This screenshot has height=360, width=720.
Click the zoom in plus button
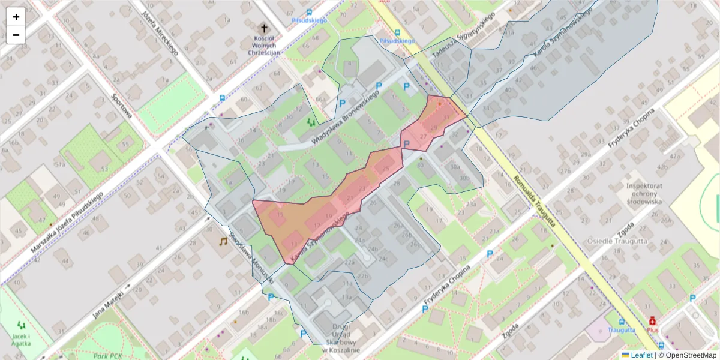click(x=16, y=17)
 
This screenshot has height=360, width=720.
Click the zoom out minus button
click(x=16, y=35)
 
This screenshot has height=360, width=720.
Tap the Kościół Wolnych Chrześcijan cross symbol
click(x=264, y=28)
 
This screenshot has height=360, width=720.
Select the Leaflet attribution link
click(x=641, y=355)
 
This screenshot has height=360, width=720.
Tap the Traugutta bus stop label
click(x=622, y=330)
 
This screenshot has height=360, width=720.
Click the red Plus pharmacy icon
click(x=652, y=322)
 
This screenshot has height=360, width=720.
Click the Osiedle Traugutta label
click(x=638, y=241)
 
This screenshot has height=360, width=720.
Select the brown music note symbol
click(x=223, y=241)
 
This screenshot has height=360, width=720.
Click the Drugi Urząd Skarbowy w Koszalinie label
click(x=340, y=338)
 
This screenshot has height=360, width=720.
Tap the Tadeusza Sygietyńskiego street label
click(x=463, y=35)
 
